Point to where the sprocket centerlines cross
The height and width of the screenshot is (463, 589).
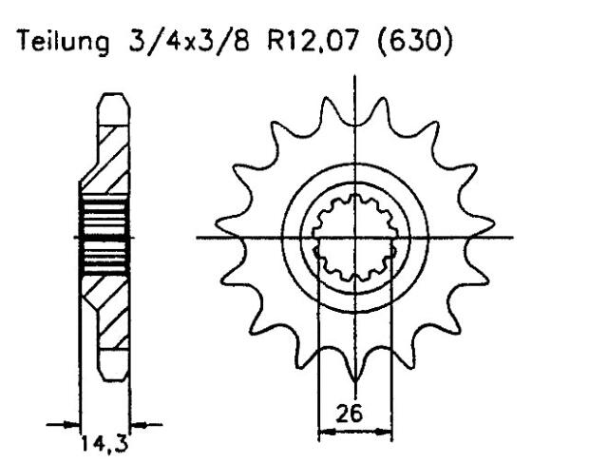tap(354, 237)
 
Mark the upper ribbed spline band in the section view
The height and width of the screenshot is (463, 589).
tap(102, 217)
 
